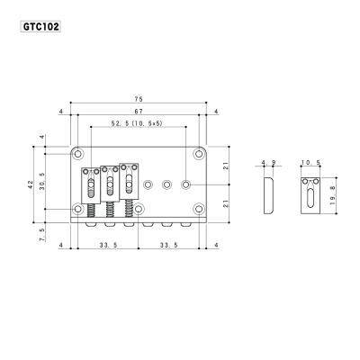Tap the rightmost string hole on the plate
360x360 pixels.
coord(185,184)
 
